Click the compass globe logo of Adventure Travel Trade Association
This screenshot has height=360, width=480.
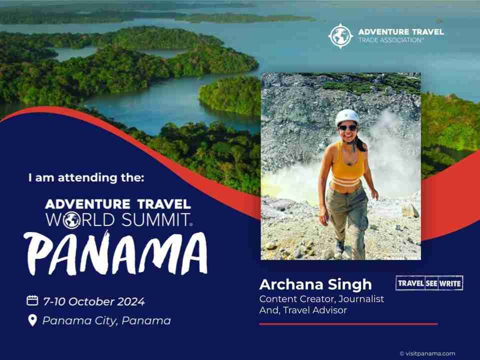pyautogui.click(x=340, y=36)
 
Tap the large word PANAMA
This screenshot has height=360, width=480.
pyautogui.click(x=115, y=253)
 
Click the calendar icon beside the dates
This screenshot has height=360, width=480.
pyautogui.click(x=32, y=300)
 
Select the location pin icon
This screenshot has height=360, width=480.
pyautogui.click(x=32, y=320)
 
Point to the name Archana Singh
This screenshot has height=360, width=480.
pyautogui.click(x=315, y=284)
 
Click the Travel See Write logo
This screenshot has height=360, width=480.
pyautogui.click(x=429, y=283)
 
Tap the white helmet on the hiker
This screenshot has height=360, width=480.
pyautogui.click(x=347, y=117)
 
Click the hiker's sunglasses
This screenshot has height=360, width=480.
pyautogui.click(x=348, y=127)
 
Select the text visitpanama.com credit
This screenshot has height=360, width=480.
pyautogui.click(x=427, y=353)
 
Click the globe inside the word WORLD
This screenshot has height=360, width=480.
pyautogui.click(x=72, y=220)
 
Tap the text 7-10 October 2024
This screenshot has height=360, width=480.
pyautogui.click(x=94, y=301)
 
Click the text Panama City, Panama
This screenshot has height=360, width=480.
pyautogui.click(x=106, y=321)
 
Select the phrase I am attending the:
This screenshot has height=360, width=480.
pyautogui.click(x=86, y=177)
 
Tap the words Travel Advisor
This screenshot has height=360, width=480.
pyautogui.click(x=315, y=310)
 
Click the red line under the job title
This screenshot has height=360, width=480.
pyautogui.click(x=348, y=324)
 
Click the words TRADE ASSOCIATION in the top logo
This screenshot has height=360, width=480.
pyautogui.click(x=391, y=40)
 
